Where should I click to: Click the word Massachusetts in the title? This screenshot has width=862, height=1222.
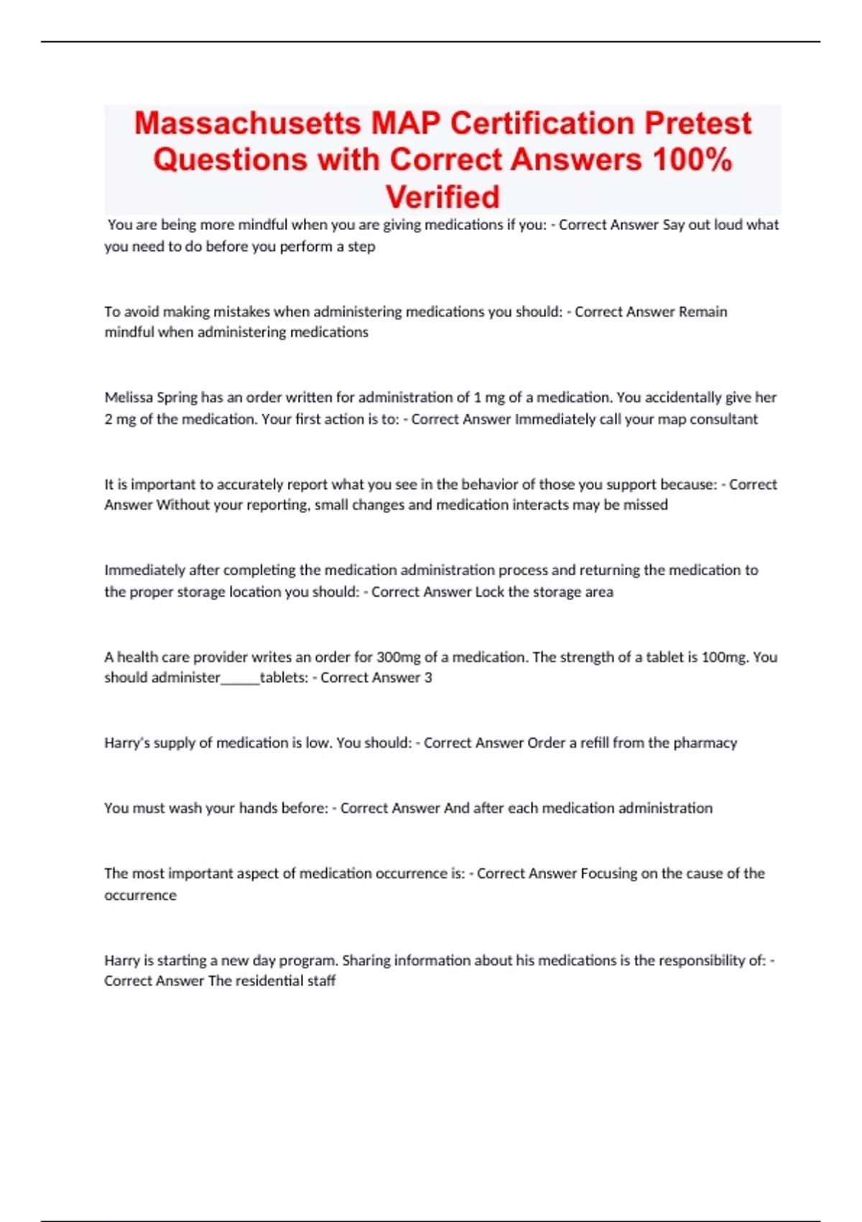(248, 123)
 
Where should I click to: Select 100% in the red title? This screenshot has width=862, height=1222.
(692, 160)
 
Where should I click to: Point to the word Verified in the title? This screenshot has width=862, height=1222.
(442, 196)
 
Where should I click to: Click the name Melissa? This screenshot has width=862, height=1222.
(129, 398)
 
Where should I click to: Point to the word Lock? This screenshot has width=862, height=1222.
(489, 592)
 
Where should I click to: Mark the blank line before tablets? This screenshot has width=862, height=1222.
(240, 679)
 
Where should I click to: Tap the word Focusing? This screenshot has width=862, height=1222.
(608, 873)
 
